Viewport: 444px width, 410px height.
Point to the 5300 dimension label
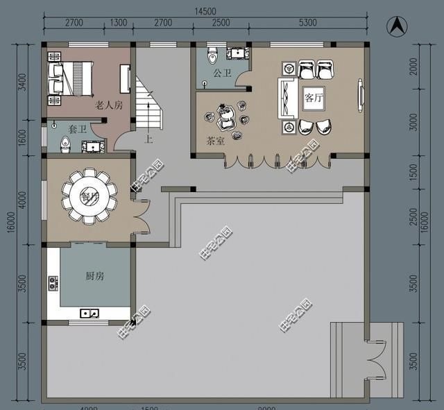[307, 23]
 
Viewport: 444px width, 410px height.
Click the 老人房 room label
[108, 105]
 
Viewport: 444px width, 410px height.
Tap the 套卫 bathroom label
[77, 130]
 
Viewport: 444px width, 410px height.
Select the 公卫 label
[221, 72]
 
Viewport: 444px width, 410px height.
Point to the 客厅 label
[314, 99]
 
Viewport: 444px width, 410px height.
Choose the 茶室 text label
[215, 141]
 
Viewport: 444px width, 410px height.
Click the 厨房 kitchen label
[94, 276]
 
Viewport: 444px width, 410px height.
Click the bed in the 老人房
[71, 76]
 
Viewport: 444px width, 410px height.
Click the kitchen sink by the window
[89, 314]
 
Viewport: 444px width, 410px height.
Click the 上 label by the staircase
[148, 138]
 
